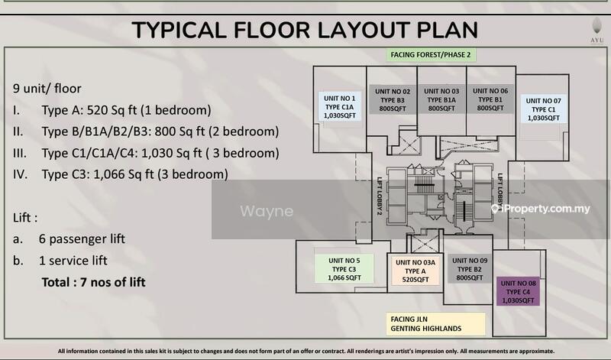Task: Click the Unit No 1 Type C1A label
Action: click(x=339, y=106)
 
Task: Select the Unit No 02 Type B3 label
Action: click(x=393, y=100)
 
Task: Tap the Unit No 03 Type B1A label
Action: click(x=441, y=99)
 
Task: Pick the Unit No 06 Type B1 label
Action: click(x=490, y=99)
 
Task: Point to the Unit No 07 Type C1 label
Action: click(x=543, y=109)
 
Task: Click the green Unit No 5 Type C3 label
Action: click(x=344, y=269)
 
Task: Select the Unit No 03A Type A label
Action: click(x=415, y=271)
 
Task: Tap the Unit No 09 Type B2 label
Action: click(x=470, y=269)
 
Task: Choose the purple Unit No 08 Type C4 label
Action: click(x=518, y=291)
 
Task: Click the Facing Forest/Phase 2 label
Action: click(x=431, y=55)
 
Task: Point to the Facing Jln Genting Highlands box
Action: click(x=435, y=324)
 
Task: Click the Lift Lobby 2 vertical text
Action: click(x=379, y=196)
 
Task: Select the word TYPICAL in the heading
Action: click(x=179, y=30)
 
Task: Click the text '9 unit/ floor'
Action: click(x=47, y=89)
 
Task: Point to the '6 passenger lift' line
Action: click(x=82, y=238)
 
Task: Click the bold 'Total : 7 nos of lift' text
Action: click(x=93, y=282)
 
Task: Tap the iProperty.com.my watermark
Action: click(x=541, y=209)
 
